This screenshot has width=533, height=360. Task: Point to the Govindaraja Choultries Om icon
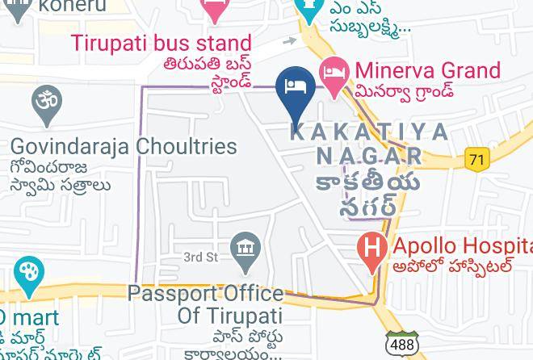pyautogui.click(x=47, y=103)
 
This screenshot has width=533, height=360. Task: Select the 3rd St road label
pyautogui.click(x=201, y=257)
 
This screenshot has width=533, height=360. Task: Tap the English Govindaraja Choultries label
pyautogui.click(x=124, y=147)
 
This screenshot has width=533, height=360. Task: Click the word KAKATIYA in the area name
pyautogui.click(x=368, y=132)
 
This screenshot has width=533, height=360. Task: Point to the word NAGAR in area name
pyautogui.click(x=368, y=155)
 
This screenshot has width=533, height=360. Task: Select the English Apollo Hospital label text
pyautogui.click(x=460, y=245)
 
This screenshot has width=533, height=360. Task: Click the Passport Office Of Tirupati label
pyautogui.click(x=206, y=303)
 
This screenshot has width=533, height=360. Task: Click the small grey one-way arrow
pyautogui.click(x=289, y=40)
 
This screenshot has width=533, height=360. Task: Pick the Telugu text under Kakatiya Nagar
pyautogui.click(x=368, y=193)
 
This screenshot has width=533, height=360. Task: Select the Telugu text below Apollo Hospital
pyautogui.click(x=452, y=266)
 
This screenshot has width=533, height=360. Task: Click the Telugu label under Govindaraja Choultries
pyautogui.click(x=61, y=177)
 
